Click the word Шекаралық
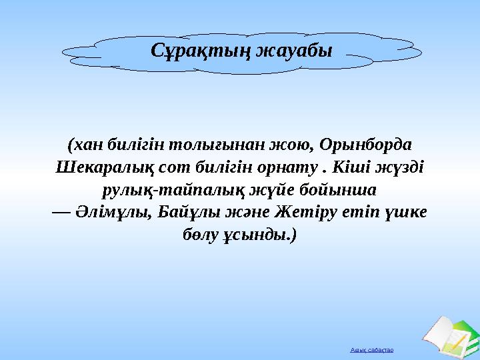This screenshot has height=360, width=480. point(97,167)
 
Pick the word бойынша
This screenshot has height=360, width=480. point(339,190)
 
